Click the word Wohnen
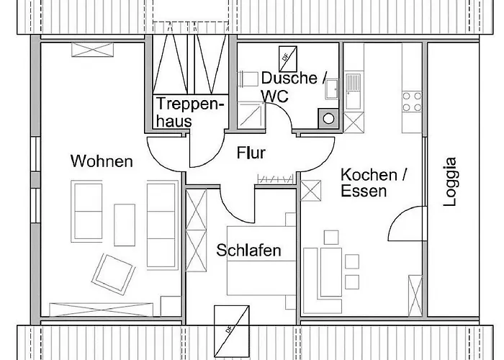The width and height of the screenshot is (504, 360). (102, 161)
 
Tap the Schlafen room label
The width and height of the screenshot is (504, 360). (248, 251)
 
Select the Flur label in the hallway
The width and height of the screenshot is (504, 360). (251, 153)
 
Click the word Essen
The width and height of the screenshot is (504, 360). (364, 192)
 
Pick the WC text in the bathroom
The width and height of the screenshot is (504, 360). (275, 96)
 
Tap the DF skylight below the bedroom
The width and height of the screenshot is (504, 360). (231, 321)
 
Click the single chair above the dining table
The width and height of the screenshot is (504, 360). (330, 236)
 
